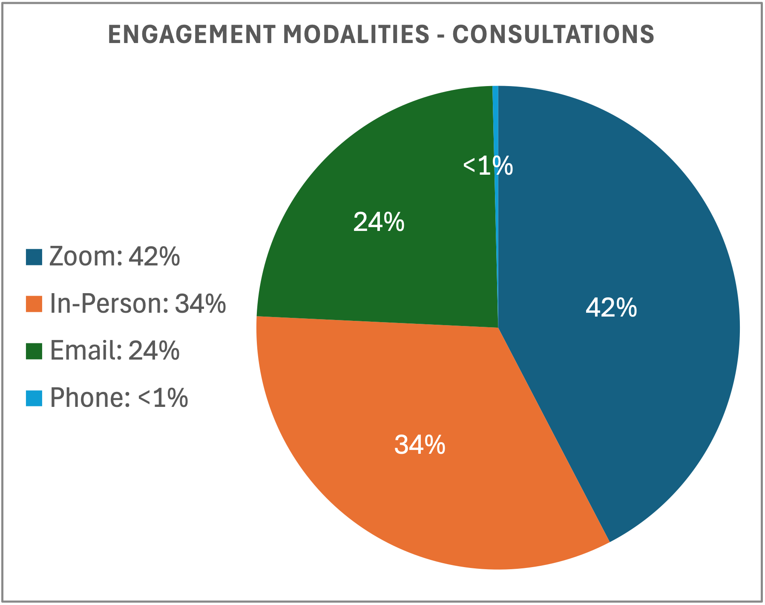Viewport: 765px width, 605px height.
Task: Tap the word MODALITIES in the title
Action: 356,35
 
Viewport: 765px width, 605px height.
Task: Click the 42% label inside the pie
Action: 611,308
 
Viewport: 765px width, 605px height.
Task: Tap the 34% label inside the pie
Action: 420,445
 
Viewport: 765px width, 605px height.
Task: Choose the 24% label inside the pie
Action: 379,222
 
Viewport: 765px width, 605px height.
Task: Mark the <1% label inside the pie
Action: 488,166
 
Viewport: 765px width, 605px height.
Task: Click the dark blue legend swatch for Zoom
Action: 34,257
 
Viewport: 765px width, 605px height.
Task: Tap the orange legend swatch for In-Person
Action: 34,304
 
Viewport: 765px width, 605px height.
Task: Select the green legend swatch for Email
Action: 34,351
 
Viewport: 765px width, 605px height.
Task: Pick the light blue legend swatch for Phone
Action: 34,398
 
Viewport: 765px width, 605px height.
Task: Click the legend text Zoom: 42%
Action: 115,257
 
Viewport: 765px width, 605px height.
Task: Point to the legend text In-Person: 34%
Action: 138,304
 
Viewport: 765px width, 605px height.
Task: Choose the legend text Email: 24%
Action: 115,351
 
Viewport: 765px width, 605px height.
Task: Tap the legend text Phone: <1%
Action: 119,398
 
